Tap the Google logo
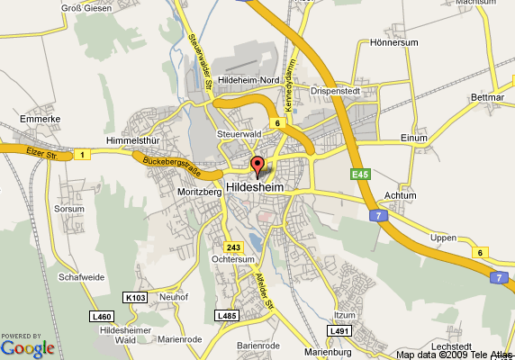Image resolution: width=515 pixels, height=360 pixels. pyautogui.click(x=27, y=347)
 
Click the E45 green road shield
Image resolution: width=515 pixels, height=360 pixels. pyautogui.click(x=361, y=173)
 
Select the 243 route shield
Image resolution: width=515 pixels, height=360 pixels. pyautogui.click(x=233, y=247)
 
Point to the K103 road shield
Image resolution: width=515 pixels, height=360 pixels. pyautogui.click(x=135, y=297)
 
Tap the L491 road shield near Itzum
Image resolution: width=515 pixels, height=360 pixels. pyautogui.click(x=339, y=331)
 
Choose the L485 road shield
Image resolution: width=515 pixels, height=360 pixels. pyautogui.click(x=227, y=316)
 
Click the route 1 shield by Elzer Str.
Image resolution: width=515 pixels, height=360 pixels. pyautogui.click(x=82, y=156)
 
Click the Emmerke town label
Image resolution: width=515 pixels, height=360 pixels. pyautogui.click(x=39, y=118)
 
